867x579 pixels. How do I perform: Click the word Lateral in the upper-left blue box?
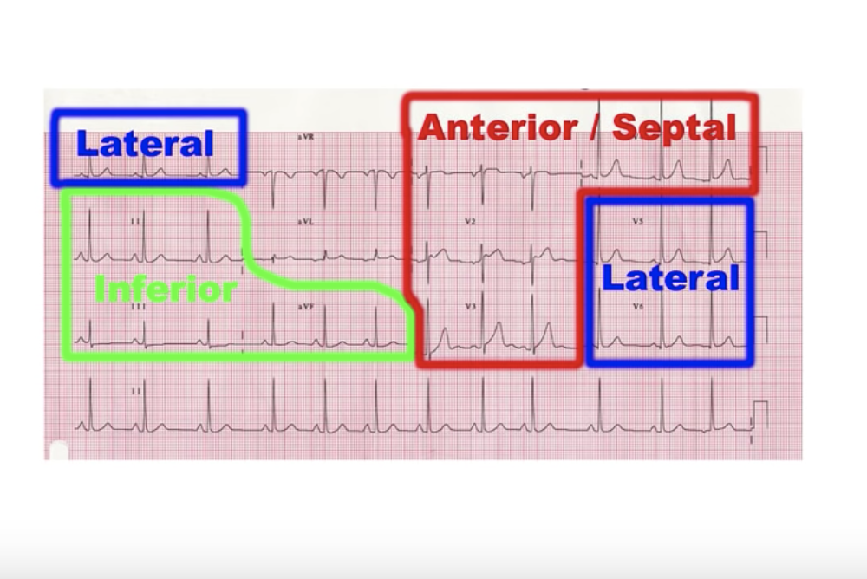click(145, 144)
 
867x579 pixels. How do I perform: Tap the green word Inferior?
click(165, 289)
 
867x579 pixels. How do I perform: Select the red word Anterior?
click(498, 128)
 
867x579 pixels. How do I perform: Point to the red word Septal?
click(675, 128)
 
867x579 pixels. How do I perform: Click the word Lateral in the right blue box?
click(670, 279)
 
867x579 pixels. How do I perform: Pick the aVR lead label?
click(304, 138)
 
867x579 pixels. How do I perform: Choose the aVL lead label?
click(304, 222)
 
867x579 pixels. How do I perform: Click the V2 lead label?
click(470, 222)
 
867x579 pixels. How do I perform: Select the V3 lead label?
click(470, 307)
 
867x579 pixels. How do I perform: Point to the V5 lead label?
click(637, 222)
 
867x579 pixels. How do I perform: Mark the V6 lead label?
click(637, 307)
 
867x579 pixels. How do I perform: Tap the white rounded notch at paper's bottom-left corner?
click(58, 450)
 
